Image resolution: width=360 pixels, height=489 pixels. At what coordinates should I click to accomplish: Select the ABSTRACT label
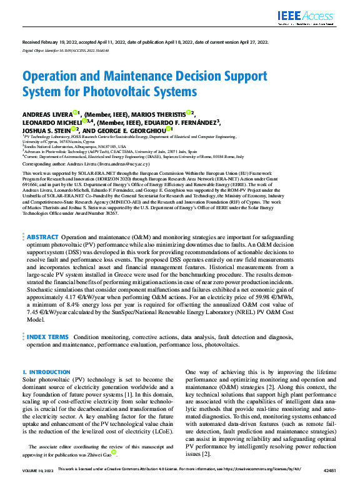(42, 237)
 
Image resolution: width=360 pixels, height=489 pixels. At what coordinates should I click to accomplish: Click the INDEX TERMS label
(47, 337)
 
